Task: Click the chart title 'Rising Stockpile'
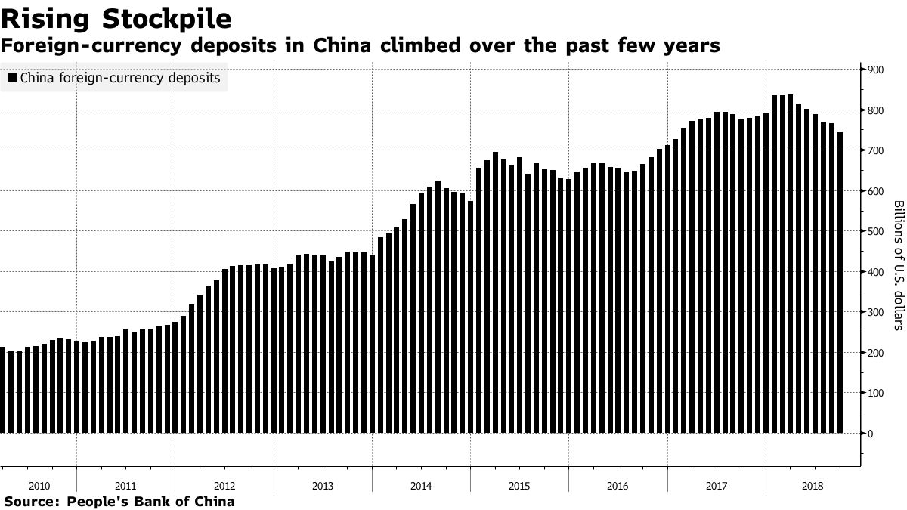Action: [x=116, y=17]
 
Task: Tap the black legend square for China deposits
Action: [x=13, y=78]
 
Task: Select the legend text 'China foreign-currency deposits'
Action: [x=120, y=78]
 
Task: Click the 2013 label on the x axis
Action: [x=323, y=486]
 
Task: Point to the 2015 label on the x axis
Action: [x=519, y=486]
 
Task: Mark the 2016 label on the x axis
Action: [x=618, y=486]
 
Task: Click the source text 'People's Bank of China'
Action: [x=150, y=502]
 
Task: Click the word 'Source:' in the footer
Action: [x=32, y=502]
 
